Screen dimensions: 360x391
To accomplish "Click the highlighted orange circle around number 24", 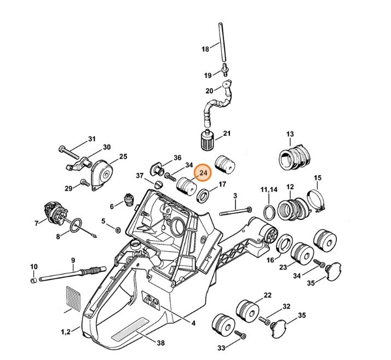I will pyautogui.click(x=204, y=173).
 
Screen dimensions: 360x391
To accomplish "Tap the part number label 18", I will pyautogui.click(x=205, y=49).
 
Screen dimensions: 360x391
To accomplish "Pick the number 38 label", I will pyautogui.click(x=160, y=344).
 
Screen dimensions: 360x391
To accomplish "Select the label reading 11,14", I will pyautogui.click(x=269, y=189).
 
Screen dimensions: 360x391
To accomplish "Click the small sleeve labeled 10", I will pyautogui.click(x=33, y=280).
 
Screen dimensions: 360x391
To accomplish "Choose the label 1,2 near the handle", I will pyautogui.click(x=65, y=332).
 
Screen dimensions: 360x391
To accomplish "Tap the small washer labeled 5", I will pyautogui.click(x=118, y=226).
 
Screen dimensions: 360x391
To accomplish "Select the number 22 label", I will pyautogui.click(x=267, y=295).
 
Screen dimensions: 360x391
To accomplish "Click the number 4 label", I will pyautogui.click(x=193, y=323).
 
